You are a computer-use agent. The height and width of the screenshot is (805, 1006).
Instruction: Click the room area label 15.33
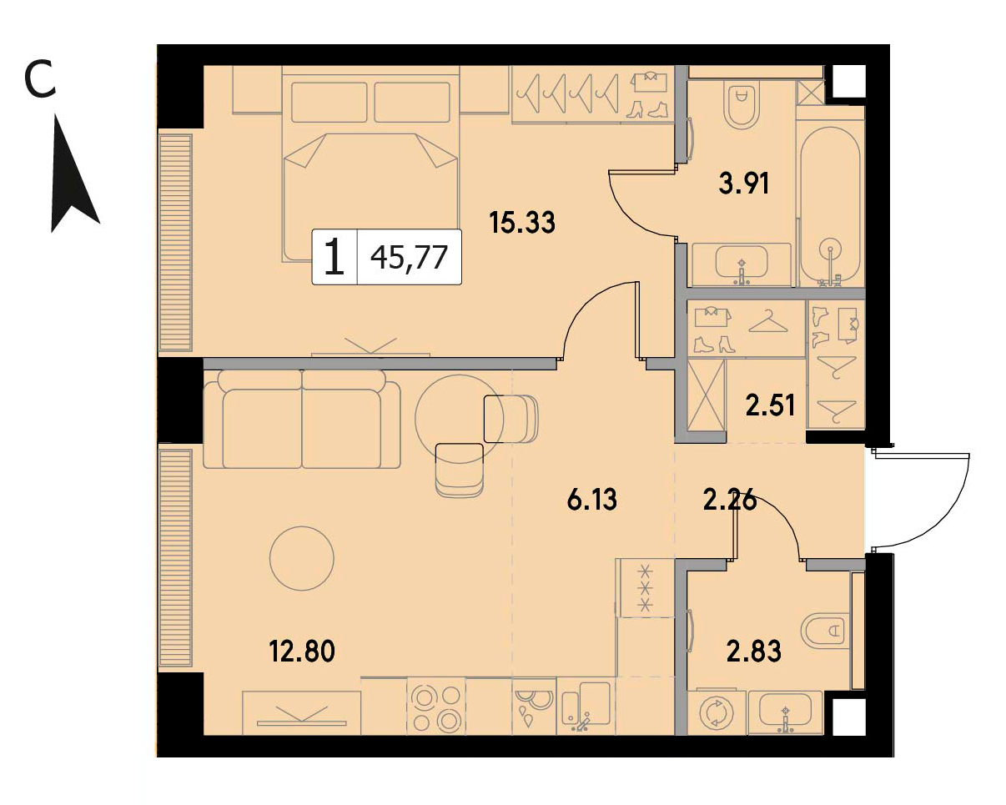(x=522, y=223)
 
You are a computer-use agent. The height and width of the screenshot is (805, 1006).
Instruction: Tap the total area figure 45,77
(x=409, y=258)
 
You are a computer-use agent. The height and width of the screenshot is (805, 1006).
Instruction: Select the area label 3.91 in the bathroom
(x=744, y=184)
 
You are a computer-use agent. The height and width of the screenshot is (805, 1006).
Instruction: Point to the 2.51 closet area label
(x=771, y=405)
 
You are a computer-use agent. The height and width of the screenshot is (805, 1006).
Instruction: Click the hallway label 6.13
(x=591, y=499)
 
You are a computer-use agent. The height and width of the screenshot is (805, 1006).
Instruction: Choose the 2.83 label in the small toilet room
(x=753, y=652)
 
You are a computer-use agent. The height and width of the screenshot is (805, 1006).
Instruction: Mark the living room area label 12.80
(x=302, y=652)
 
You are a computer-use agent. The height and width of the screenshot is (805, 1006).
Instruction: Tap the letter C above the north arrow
(x=40, y=81)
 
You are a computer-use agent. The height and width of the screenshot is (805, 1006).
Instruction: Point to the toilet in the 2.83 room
(x=825, y=631)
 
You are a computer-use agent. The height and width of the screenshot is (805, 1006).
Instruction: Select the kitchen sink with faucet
(x=586, y=707)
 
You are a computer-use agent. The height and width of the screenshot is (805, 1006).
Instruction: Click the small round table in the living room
(x=301, y=558)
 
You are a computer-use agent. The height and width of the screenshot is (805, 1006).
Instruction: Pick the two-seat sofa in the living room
(x=301, y=420)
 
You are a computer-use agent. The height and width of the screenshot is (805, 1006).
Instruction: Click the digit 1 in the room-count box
(x=334, y=257)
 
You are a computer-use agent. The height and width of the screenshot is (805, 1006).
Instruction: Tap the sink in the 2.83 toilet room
(x=785, y=714)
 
